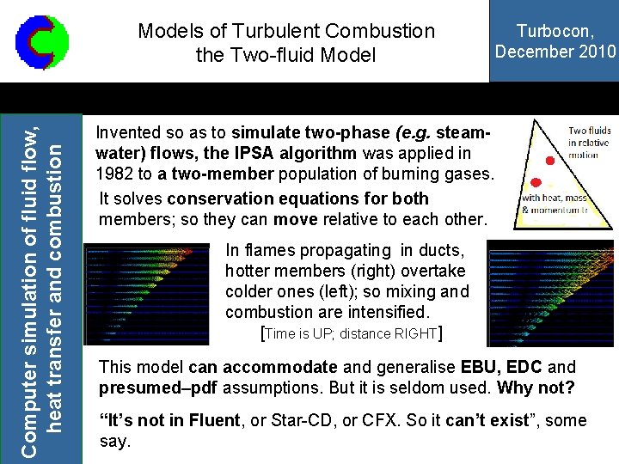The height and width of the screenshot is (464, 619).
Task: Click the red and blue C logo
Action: (x=41, y=41)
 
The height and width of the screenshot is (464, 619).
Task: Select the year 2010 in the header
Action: (x=595, y=51)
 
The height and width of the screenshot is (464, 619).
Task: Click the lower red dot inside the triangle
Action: (x=536, y=182)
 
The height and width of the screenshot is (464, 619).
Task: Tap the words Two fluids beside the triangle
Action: (x=589, y=132)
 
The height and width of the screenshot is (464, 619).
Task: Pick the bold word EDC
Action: (x=529, y=367)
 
